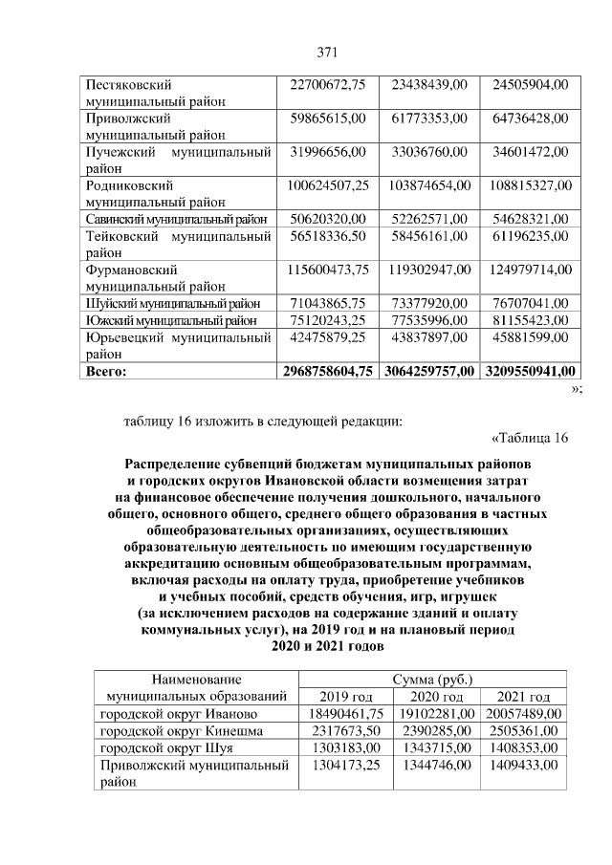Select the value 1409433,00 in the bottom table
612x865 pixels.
tap(523, 765)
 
